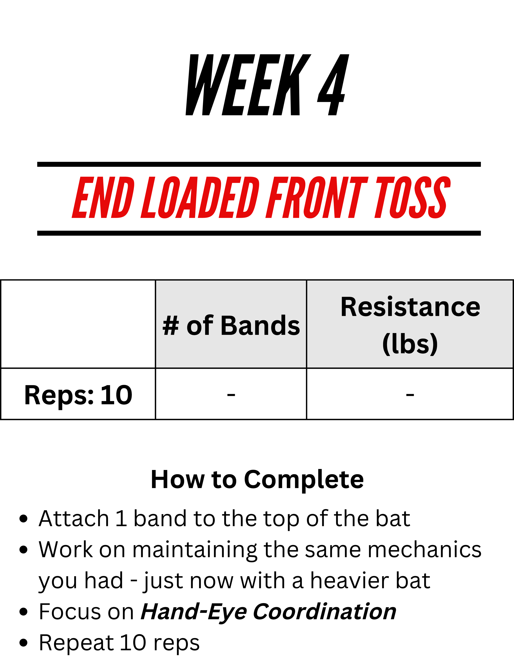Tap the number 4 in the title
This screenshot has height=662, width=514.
point(333,85)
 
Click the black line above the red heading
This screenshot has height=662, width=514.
point(259,164)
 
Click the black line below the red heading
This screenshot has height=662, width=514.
point(259,233)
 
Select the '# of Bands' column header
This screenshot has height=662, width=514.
point(231,325)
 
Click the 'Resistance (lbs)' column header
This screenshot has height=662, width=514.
point(410,325)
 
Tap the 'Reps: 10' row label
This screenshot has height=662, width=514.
point(78,395)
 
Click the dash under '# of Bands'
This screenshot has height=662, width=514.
point(231,394)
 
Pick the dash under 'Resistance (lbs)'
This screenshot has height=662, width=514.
point(410,394)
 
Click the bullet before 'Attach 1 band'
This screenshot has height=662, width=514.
point(23,518)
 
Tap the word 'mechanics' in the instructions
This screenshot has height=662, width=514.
point(424,549)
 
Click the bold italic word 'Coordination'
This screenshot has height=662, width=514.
point(325,611)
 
